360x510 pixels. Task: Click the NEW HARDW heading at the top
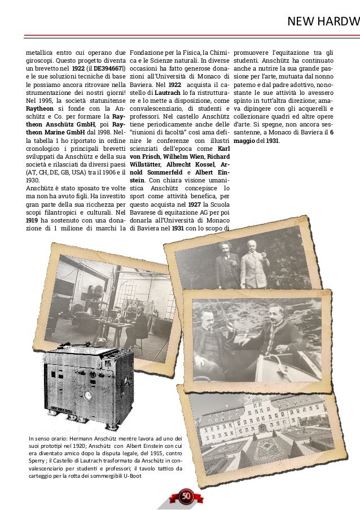click(x=323, y=22)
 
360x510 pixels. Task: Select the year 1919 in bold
click(x=33, y=219)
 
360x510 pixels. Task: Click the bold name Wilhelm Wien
click(x=181, y=156)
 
